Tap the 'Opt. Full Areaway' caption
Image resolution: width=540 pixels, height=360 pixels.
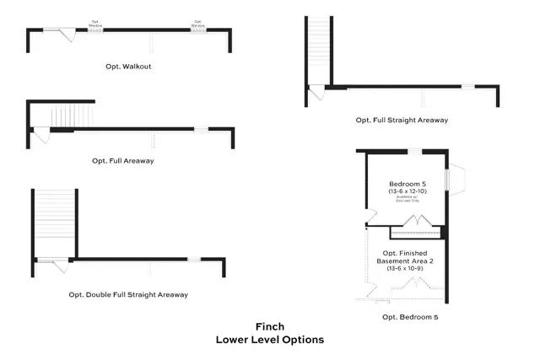(x=128, y=160)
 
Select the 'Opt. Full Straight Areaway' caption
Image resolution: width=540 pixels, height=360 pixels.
(x=401, y=121)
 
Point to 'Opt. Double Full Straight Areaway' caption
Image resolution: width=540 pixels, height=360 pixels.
(x=128, y=294)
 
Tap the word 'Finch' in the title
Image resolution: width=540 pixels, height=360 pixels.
(x=269, y=325)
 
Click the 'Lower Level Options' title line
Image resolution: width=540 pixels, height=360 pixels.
(x=269, y=340)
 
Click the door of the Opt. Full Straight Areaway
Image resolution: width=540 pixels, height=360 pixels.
(x=316, y=92)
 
